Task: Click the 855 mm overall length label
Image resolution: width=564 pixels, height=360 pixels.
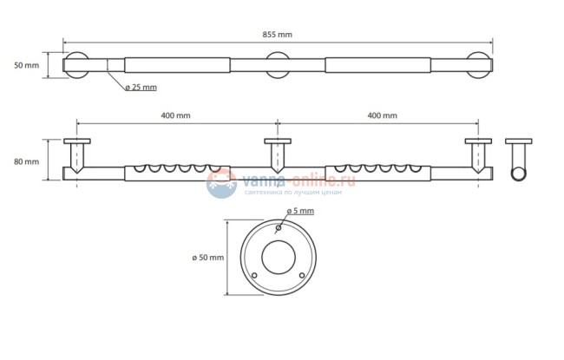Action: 277,35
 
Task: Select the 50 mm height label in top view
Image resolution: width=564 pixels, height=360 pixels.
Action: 26,65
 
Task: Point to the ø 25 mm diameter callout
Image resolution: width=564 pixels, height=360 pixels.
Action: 141,87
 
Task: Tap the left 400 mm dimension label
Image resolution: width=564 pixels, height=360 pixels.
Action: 175,115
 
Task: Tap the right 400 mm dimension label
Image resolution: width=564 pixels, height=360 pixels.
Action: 383,115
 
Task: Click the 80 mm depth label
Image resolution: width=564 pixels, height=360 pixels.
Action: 26,162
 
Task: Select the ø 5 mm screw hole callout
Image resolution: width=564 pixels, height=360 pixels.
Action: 300,211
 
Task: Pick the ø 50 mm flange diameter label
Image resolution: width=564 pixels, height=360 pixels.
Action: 208,258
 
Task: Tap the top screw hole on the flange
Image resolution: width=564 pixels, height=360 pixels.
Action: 278,228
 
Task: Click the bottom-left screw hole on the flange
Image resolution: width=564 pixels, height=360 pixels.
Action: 254,276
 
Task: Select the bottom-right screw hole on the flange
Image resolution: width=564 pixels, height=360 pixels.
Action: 302,276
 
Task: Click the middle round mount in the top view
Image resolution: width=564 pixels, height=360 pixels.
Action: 278,65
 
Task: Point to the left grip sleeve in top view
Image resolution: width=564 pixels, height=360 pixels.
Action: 177,65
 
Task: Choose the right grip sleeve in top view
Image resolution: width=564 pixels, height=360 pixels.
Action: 378,65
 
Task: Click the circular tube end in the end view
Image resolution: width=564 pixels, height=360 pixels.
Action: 519,173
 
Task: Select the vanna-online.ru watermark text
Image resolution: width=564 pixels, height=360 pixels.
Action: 298,180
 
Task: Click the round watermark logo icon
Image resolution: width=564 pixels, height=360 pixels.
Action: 221,183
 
